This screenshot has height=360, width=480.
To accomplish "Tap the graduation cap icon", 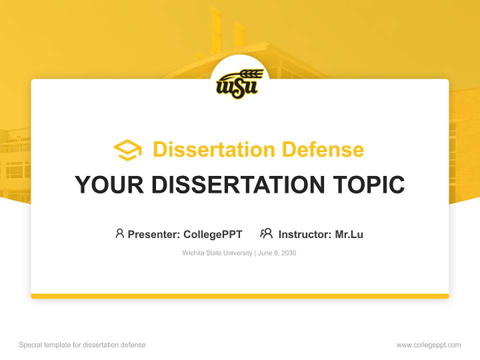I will pyautogui.click(x=127, y=149).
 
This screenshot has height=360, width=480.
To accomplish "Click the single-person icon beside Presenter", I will pyautogui.click(x=119, y=233).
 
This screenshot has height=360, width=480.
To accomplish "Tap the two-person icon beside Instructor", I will pyautogui.click(x=266, y=233).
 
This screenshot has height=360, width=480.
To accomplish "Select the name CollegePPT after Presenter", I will pyautogui.click(x=212, y=234).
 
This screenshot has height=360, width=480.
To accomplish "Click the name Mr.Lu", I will pyautogui.click(x=349, y=234).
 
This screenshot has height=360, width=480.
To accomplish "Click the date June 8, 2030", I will pyautogui.click(x=277, y=253).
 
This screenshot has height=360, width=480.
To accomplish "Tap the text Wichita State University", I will pyautogui.click(x=217, y=253).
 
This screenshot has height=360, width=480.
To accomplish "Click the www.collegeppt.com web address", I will pyautogui.click(x=428, y=345).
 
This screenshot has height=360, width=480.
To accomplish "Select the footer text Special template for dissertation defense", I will pyautogui.click(x=82, y=345).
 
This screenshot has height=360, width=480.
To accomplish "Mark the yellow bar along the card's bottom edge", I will pyautogui.click(x=240, y=296).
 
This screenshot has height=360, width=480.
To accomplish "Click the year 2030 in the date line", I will pyautogui.click(x=288, y=253).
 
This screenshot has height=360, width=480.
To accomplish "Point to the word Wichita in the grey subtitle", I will pyautogui.click(x=192, y=253).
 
